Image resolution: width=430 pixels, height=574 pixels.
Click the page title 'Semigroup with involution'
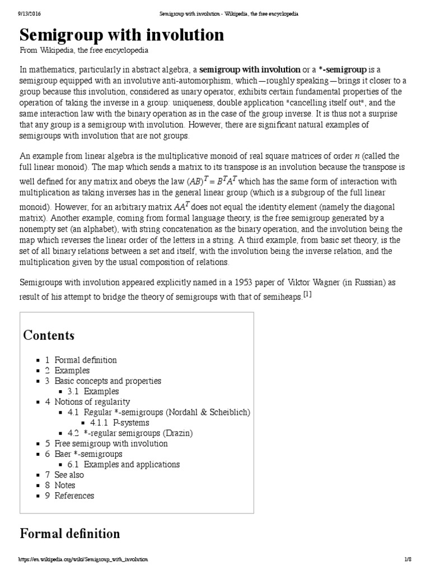[121, 35]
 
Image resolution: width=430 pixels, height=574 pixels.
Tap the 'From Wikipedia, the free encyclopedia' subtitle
[84, 50]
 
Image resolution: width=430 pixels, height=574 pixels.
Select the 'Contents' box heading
[49, 335]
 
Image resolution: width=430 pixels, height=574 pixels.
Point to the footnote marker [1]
[307, 294]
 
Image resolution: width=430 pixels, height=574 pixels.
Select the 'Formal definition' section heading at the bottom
[70, 533]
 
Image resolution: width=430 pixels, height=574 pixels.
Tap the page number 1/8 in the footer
[407, 559]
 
